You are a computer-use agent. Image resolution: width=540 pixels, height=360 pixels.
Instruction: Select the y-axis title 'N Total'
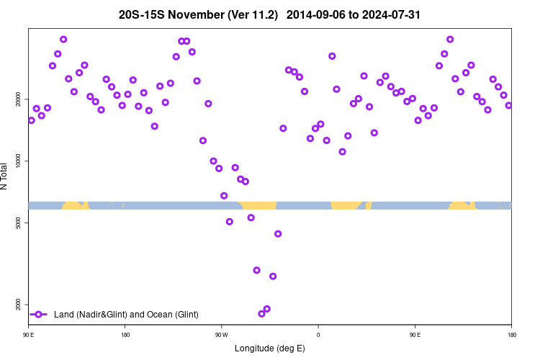click(x=5, y=176)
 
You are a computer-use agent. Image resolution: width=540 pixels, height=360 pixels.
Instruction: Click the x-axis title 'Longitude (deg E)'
click(x=270, y=348)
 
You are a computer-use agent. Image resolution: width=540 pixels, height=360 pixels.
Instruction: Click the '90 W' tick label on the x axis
click(x=221, y=335)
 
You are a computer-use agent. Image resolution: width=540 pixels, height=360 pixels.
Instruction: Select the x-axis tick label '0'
click(x=318, y=335)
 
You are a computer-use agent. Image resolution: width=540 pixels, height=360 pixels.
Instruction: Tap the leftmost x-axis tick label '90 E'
click(x=29, y=335)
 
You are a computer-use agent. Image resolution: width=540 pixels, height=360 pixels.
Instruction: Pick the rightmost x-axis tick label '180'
click(x=511, y=335)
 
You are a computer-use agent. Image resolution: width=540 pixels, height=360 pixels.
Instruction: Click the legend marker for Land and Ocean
click(x=40, y=315)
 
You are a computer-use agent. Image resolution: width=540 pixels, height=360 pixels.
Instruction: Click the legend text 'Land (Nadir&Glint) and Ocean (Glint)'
click(x=126, y=315)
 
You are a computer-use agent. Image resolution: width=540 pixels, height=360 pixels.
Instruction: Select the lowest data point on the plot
click(x=261, y=313)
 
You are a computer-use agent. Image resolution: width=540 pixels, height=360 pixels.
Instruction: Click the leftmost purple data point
click(x=31, y=120)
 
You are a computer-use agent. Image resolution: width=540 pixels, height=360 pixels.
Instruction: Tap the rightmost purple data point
click(x=508, y=105)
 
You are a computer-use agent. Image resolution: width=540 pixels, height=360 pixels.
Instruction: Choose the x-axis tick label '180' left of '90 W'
click(x=125, y=335)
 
